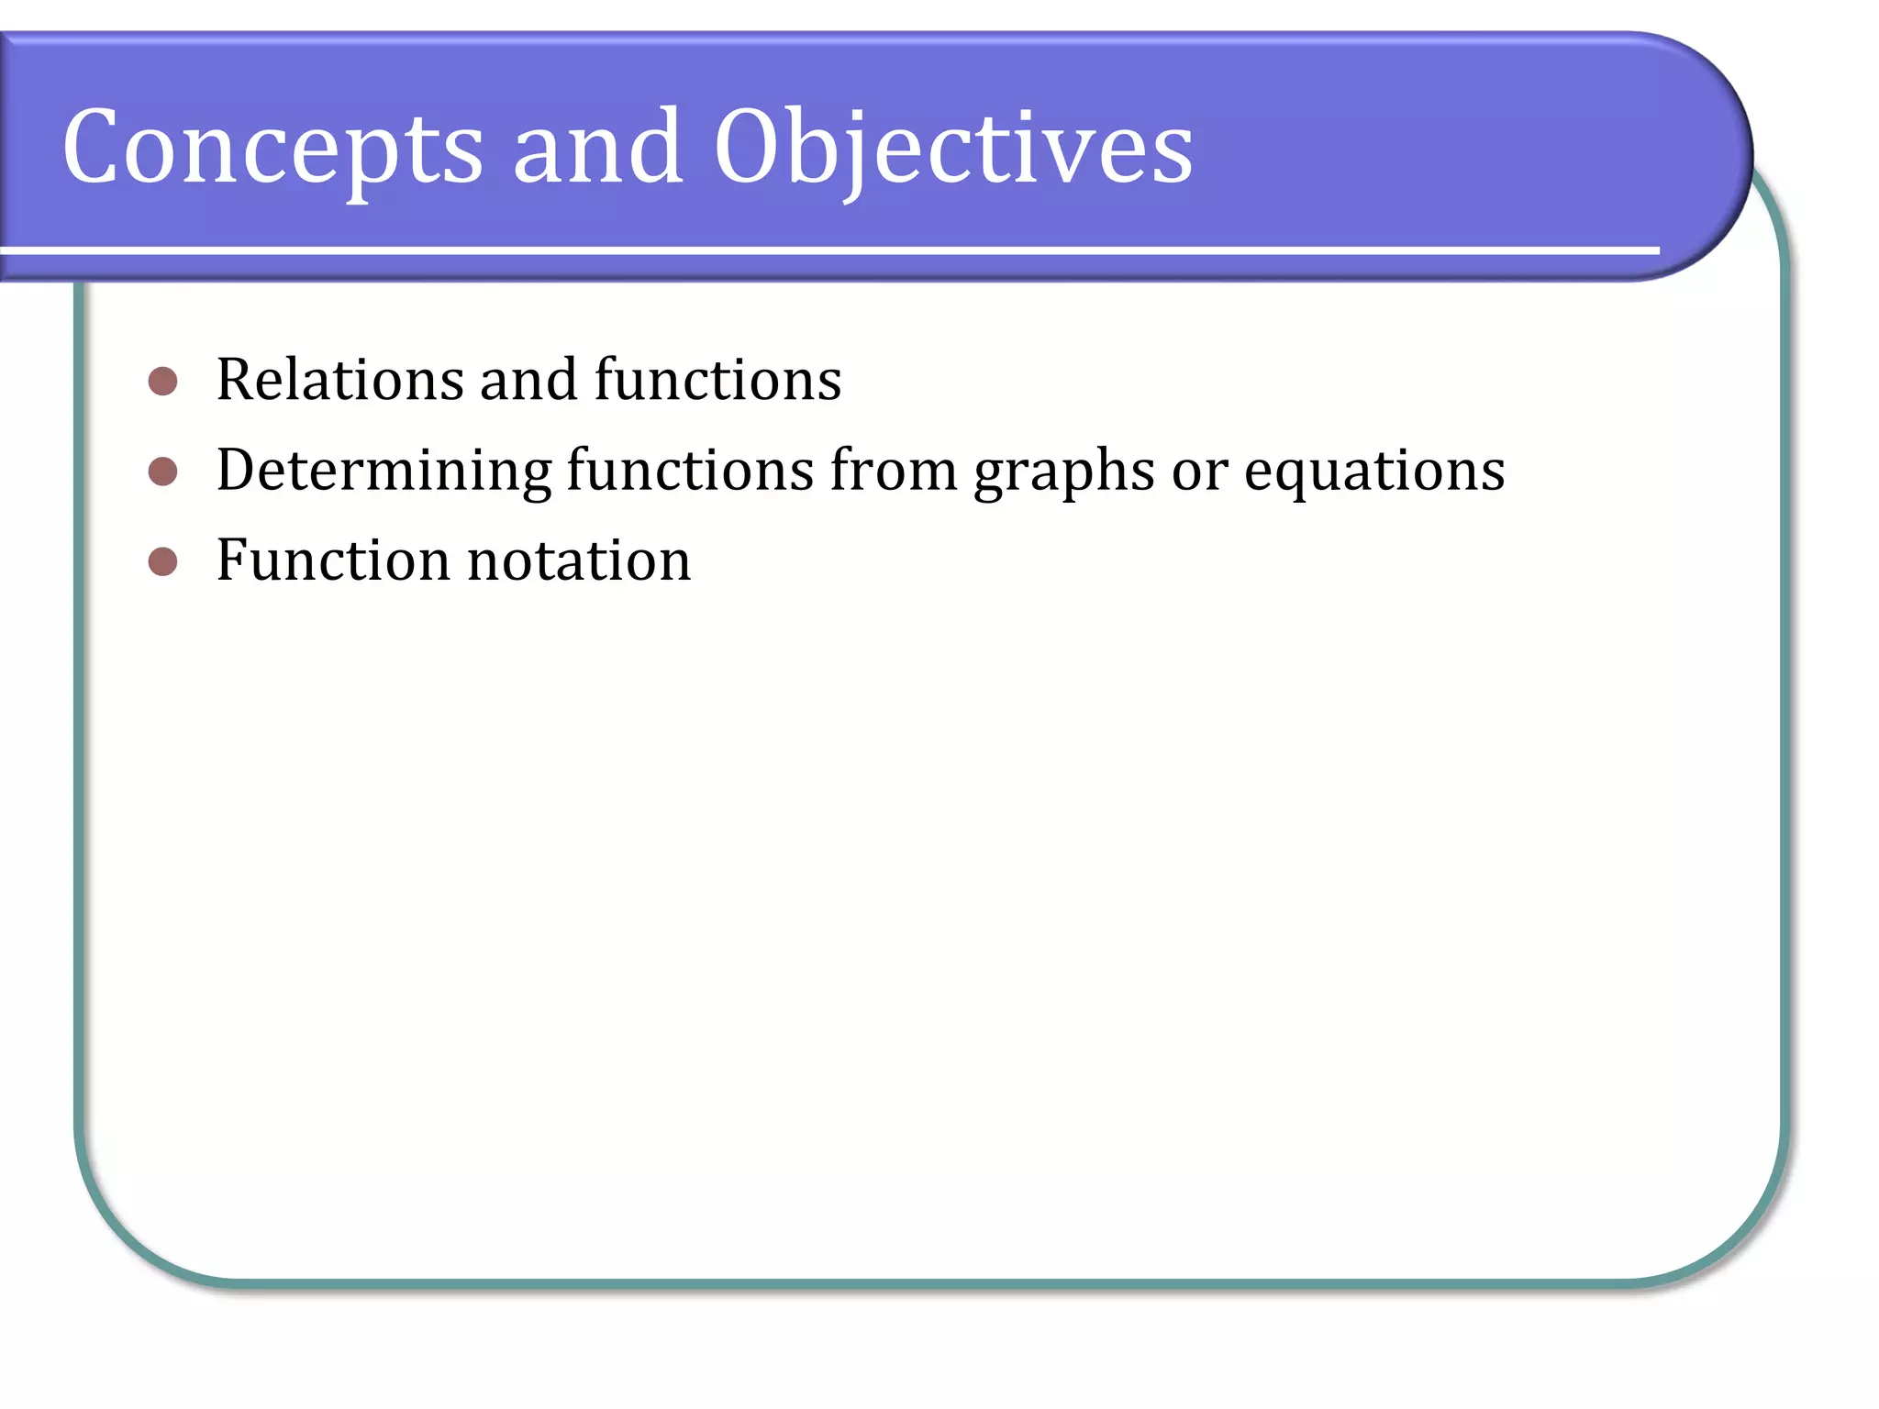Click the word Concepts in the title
pyautogui.click(x=272, y=147)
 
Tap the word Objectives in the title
pyautogui.click(x=953, y=147)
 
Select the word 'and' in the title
pyautogui.click(x=597, y=147)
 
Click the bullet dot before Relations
pyautogui.click(x=162, y=381)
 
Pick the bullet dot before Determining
pyautogui.click(x=162, y=472)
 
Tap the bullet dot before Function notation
pyautogui.click(x=162, y=561)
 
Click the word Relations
pyautogui.click(x=339, y=380)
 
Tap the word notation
pyautogui.click(x=579, y=560)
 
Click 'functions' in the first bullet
pyautogui.click(x=717, y=380)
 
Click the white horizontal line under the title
pyautogui.click(x=826, y=250)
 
